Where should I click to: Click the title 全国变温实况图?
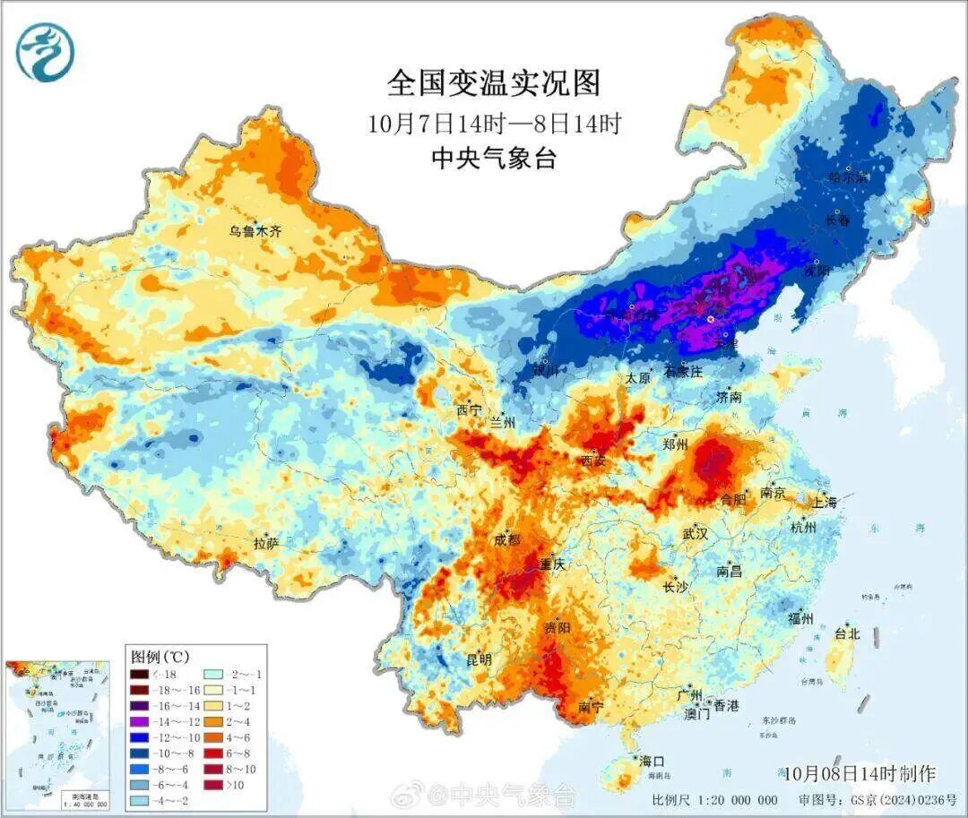[494, 83]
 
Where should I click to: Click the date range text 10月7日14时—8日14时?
[494, 123]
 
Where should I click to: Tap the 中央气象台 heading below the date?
[494, 159]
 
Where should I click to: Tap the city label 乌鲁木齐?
[255, 231]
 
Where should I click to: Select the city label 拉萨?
[266, 543]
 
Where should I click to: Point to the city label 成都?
[506, 540]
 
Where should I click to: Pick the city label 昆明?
[479, 659]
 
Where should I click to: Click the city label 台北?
[847, 633]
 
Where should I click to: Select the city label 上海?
[824, 503]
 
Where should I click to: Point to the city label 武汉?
[695, 533]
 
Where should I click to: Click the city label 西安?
[593, 461]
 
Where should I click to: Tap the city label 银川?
[545, 370]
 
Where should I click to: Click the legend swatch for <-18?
[139, 674]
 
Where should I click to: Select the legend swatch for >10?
[213, 786]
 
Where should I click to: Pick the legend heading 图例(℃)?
[160, 656]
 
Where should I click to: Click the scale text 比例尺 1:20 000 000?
[714, 800]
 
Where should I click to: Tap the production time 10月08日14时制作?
[859, 773]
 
